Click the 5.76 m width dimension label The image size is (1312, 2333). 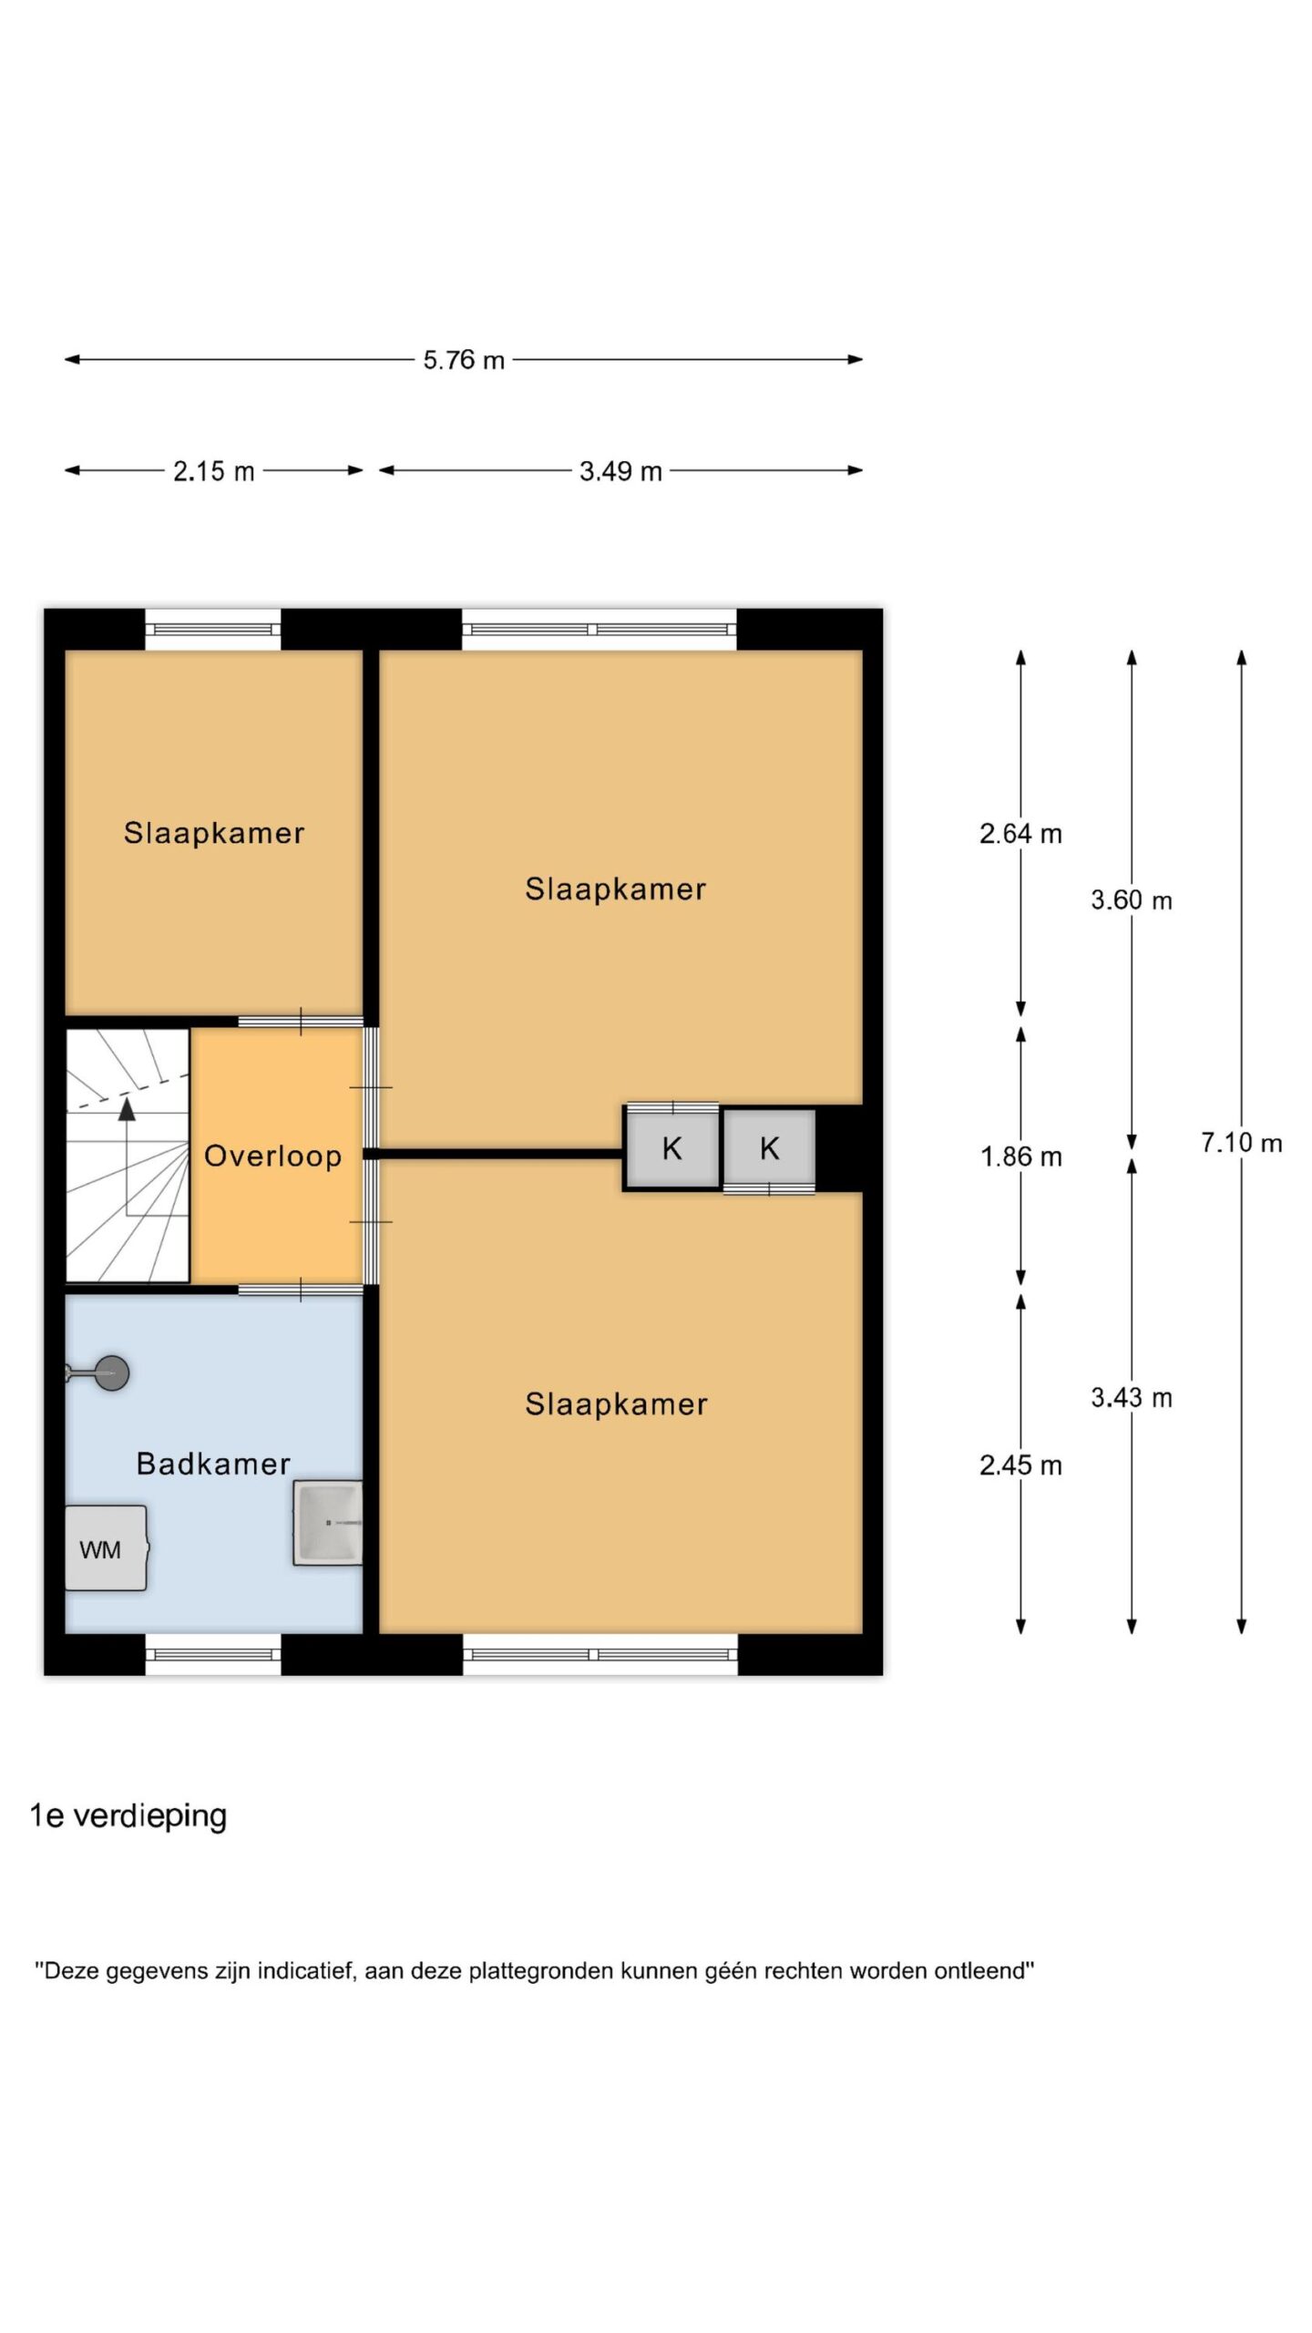[x=463, y=360]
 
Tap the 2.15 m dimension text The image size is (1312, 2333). [x=213, y=471]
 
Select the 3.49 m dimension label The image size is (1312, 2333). [x=620, y=471]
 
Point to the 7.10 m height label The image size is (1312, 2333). [x=1241, y=1142]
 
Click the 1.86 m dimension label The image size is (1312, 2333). [x=1020, y=1156]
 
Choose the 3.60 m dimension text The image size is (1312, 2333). [x=1131, y=900]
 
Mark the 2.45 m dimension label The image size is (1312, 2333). [x=1020, y=1465]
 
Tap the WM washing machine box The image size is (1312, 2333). [x=106, y=1548]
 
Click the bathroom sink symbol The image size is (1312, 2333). [x=327, y=1523]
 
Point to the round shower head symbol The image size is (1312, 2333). [x=111, y=1372]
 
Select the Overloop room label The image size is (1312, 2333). [x=272, y=1156]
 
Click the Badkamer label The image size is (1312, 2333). [x=213, y=1464]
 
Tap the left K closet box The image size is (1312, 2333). [x=671, y=1148]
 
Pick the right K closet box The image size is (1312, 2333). [x=769, y=1148]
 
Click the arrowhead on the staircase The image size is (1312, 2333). [x=127, y=1108]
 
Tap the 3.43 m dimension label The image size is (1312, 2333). [x=1131, y=1397]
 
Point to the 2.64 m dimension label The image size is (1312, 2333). [x=1020, y=833]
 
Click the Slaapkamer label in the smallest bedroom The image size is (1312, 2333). [x=214, y=833]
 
